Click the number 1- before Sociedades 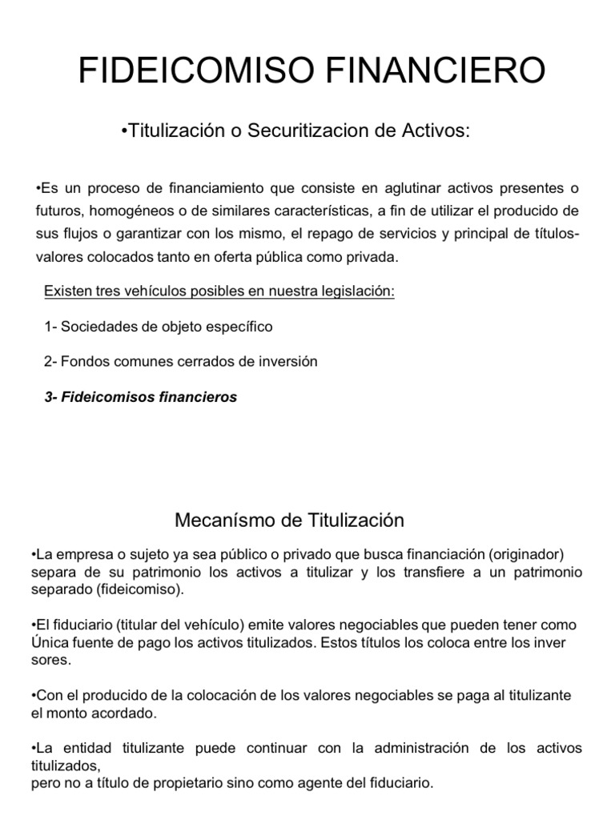coord(50,327)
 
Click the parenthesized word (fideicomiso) coord(135,590)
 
